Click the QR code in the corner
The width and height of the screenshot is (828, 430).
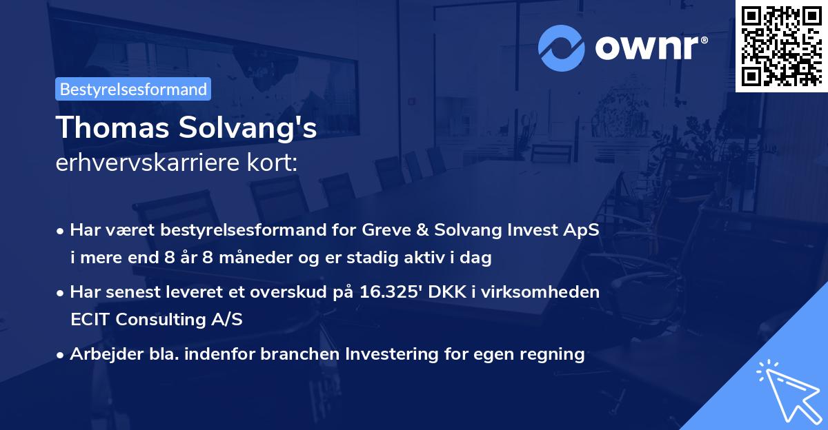click(x=781, y=45)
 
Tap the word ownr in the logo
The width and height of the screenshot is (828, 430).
click(x=649, y=48)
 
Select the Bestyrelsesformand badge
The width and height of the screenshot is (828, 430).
click(x=133, y=89)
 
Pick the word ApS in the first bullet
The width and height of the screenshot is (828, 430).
click(x=582, y=230)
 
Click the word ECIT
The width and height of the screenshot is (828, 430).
click(x=90, y=320)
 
